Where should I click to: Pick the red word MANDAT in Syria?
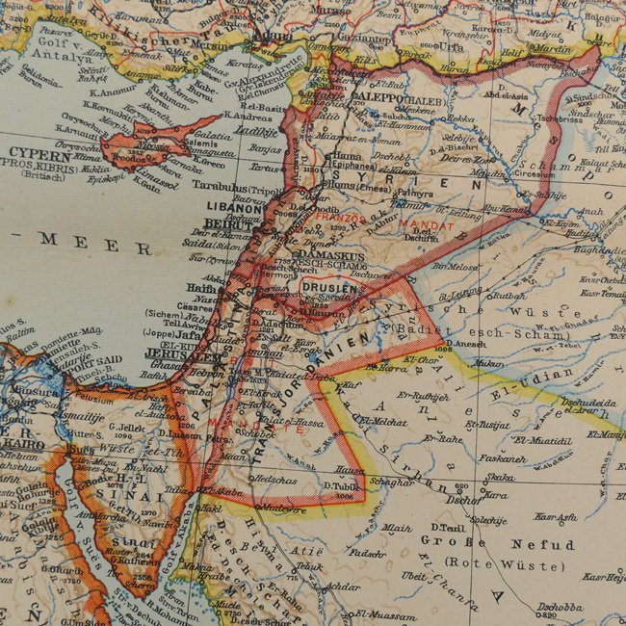[x=427, y=224]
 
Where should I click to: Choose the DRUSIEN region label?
[x=328, y=287]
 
